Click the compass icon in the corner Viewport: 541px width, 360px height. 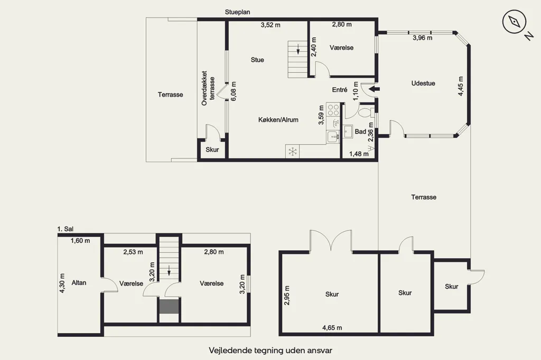coord(514,22)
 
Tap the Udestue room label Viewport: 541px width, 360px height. coord(423,83)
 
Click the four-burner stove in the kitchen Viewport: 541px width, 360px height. coord(333,110)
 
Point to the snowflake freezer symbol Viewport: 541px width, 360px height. coord(293,151)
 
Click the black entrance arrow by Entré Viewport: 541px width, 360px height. coord(374,89)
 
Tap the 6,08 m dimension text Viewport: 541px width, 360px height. coord(234,91)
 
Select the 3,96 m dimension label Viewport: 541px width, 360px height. coord(422,38)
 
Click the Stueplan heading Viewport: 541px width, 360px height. coord(237,12)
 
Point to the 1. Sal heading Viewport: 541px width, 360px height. coord(65,229)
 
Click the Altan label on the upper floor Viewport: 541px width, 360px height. coord(79,283)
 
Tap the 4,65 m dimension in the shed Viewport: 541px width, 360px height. coord(332,328)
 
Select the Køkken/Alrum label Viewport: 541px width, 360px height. coord(278,120)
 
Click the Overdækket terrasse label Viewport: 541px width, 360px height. coord(208,88)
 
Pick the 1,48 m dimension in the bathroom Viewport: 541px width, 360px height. coord(359,154)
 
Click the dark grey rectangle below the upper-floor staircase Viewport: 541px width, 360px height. coord(169,307)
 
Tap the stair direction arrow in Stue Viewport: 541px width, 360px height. coord(298,49)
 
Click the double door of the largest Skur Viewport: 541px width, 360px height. coord(331,240)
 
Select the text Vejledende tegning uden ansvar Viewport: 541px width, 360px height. coord(270,350)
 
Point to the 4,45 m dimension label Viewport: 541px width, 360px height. coord(461,86)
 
